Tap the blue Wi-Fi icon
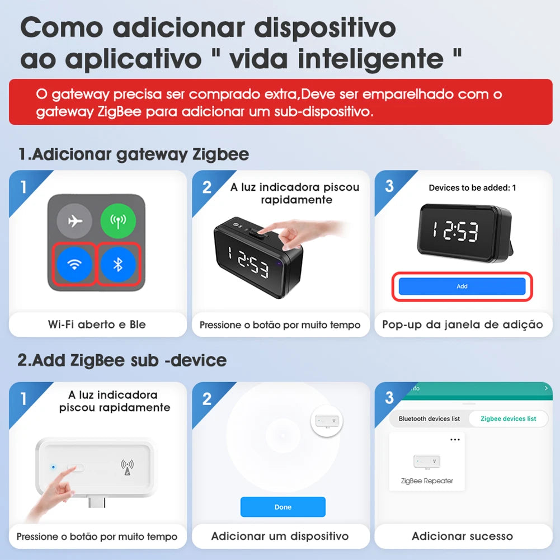point(74,264)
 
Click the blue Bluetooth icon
point(117,264)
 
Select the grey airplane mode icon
point(74,220)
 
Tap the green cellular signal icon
point(117,220)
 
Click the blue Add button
point(462,286)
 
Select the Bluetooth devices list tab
point(429,418)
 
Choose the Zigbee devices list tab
point(508,418)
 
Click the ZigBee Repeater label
point(427,481)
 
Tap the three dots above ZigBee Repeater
point(455,440)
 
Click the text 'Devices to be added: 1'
point(472,188)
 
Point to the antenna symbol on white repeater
point(128,467)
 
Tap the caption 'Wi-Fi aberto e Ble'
point(97,324)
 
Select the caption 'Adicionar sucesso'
point(462,537)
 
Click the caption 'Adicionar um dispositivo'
point(280,537)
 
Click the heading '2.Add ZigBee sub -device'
point(122,360)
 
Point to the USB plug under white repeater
point(97,501)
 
